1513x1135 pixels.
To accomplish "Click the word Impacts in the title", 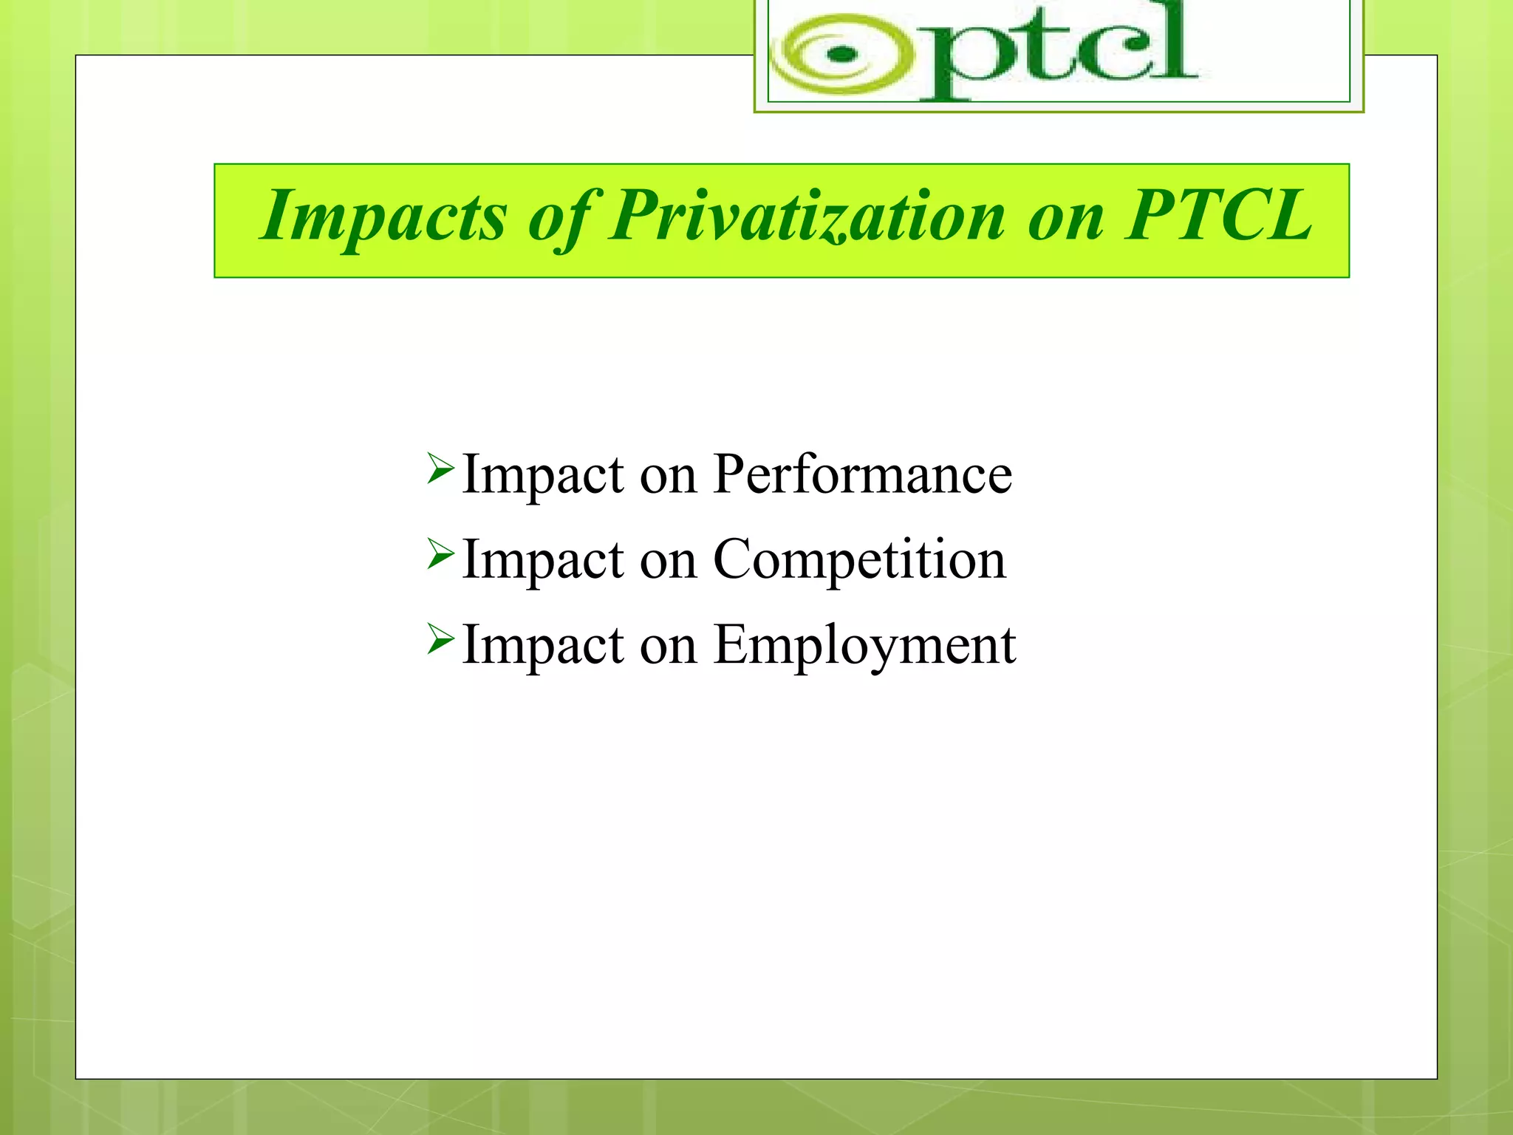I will pos(383,216).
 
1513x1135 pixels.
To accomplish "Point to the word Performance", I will pos(862,474).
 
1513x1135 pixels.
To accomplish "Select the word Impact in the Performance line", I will pos(543,474).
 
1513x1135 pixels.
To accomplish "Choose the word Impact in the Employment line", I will pos(543,645).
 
